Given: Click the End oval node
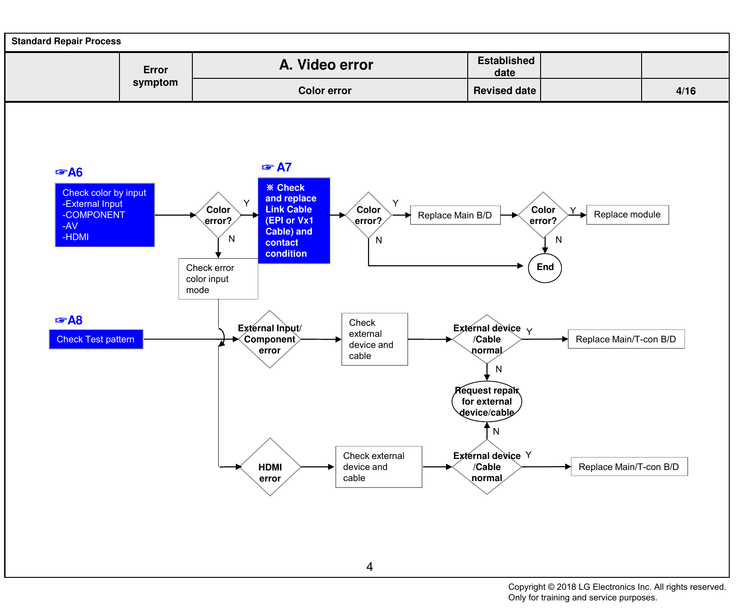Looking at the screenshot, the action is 545,267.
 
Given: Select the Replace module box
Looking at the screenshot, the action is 627,215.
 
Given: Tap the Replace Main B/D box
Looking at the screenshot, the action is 455,215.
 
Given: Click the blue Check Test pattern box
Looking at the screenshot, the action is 96,339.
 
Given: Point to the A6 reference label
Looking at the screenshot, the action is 69,172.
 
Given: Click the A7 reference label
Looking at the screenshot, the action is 277,167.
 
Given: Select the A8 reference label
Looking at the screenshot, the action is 69,320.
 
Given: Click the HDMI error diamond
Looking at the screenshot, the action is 270,467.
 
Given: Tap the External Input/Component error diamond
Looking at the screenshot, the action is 270,339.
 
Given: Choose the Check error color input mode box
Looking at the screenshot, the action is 218,279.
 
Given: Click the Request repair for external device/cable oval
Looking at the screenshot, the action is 487,401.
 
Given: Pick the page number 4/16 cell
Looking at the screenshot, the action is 685,91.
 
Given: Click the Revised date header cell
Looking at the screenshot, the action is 505,91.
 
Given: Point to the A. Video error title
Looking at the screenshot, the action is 326,65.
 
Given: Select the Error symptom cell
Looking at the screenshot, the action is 156,76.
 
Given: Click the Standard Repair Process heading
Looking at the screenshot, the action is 66,41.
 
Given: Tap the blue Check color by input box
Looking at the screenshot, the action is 105,215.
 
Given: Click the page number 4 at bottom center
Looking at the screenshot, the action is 369,567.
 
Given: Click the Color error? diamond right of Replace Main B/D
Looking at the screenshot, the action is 543,215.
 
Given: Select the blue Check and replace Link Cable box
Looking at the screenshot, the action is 294,221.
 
